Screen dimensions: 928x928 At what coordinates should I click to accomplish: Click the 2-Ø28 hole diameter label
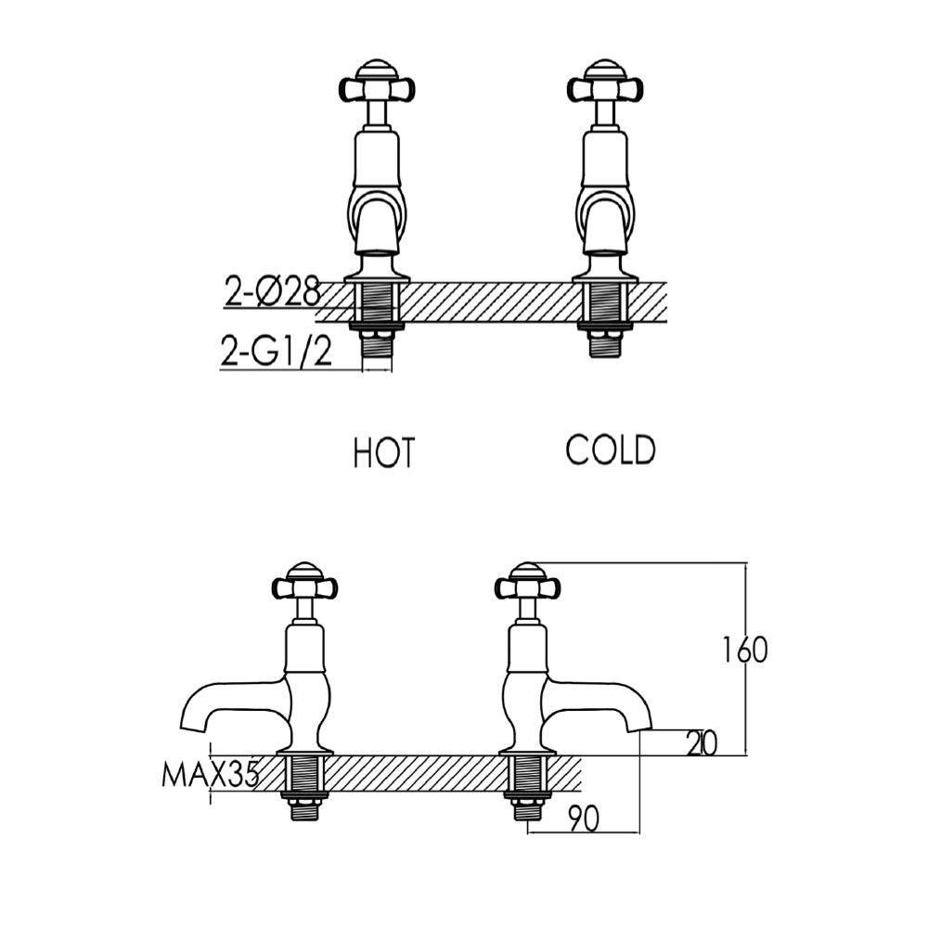point(272,293)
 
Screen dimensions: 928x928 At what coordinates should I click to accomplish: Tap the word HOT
point(383,454)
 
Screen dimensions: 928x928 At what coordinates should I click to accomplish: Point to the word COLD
point(611,450)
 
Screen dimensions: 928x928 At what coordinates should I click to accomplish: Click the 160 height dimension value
point(745,651)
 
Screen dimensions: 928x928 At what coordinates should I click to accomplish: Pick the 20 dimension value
point(701,743)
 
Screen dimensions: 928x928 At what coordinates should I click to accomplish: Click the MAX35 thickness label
point(210,775)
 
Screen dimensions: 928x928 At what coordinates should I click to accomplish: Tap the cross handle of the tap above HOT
point(376,87)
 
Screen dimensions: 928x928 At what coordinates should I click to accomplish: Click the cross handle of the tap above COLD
point(604,87)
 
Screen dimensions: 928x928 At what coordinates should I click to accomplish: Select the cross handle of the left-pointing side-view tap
point(304,587)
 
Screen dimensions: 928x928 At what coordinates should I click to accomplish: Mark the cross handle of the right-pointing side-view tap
point(527,587)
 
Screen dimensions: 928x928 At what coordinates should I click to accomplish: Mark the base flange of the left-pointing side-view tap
point(304,749)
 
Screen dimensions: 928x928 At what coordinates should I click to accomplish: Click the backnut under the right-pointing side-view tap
point(527,795)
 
